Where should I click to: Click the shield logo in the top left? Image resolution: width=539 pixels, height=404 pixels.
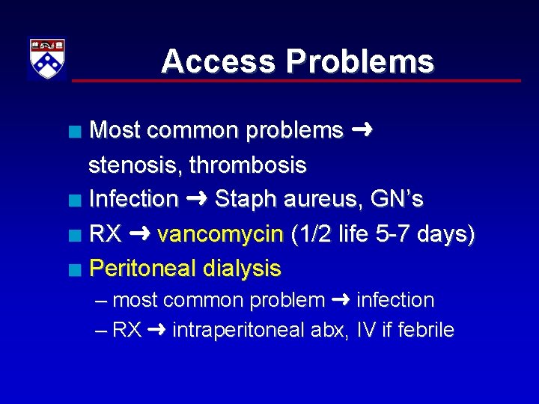(46, 58)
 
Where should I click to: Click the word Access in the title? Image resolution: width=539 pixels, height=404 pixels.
(213, 61)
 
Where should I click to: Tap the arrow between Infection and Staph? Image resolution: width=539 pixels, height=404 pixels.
(196, 199)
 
